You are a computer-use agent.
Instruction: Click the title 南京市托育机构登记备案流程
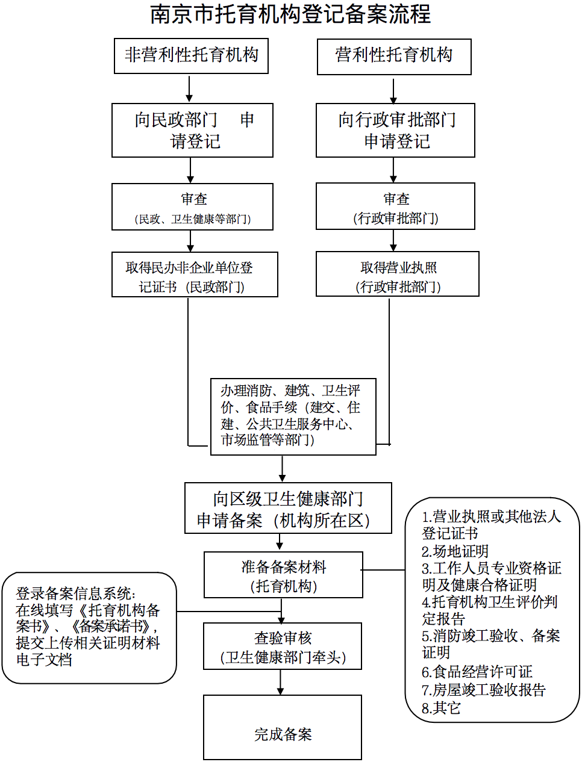(290, 14)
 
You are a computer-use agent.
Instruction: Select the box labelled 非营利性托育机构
(191, 55)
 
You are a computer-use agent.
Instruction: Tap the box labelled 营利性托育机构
(394, 56)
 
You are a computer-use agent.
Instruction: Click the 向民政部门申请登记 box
(192, 130)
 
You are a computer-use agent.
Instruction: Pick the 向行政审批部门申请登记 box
(395, 130)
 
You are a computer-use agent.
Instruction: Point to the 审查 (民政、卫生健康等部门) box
(192, 206)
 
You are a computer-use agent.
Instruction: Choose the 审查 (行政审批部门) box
(395, 206)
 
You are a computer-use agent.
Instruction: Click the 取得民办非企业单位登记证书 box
(195, 274)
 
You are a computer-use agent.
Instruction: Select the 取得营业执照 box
(397, 274)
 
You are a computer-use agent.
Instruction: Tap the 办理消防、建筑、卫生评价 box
(293, 416)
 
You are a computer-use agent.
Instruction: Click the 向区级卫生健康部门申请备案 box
(288, 509)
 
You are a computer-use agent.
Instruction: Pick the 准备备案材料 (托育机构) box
(283, 575)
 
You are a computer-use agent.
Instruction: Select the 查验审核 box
(283, 646)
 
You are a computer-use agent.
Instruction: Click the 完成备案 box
(283, 728)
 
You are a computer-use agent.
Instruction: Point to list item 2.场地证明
(455, 551)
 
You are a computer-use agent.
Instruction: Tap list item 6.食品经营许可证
(477, 672)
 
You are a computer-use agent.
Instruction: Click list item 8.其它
(441, 708)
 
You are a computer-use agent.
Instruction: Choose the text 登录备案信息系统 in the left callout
(75, 594)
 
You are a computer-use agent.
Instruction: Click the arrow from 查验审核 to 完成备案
(281, 683)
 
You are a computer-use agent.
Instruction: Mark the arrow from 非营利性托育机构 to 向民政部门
(189, 89)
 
